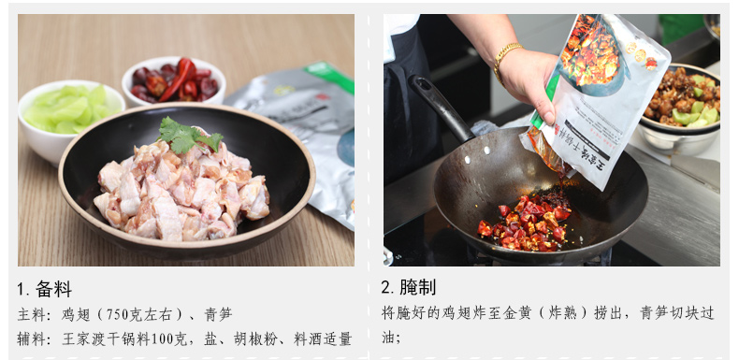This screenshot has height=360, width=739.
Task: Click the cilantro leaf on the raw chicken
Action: click(x=189, y=135)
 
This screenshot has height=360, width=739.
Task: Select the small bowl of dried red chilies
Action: click(x=173, y=81)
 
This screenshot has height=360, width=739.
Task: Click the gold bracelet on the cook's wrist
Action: click(x=507, y=62)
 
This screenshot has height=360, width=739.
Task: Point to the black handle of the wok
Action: click(x=441, y=108)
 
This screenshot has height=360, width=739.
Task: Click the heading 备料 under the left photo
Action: click(x=53, y=289)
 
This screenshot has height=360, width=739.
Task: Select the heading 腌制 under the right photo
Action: click(x=418, y=287)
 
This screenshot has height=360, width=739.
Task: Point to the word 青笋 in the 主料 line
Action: click(x=219, y=315)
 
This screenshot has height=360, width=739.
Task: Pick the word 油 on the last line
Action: click(x=388, y=338)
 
